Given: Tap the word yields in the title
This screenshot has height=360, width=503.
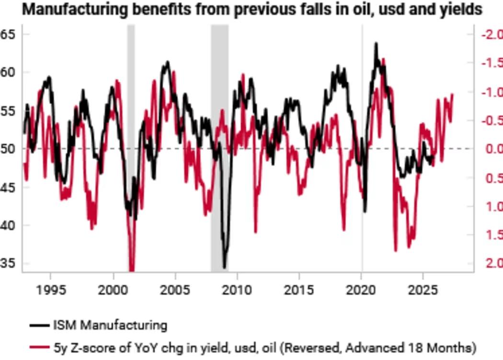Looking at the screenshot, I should [459, 10].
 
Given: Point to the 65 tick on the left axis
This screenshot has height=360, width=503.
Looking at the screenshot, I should [8, 35].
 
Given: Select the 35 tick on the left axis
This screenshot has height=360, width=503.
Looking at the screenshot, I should [8, 263].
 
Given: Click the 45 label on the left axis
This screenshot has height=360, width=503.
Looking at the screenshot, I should [8, 187].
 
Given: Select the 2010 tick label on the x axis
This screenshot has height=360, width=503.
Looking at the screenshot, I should [237, 290].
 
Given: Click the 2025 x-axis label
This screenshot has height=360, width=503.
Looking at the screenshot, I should [423, 290].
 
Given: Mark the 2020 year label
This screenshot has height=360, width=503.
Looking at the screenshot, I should [361, 290].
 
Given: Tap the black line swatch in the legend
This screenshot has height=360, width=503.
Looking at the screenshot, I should [39, 325].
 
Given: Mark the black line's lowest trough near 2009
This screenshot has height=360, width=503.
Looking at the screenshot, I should [225, 267].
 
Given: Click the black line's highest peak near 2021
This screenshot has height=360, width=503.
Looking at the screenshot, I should [376, 44].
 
